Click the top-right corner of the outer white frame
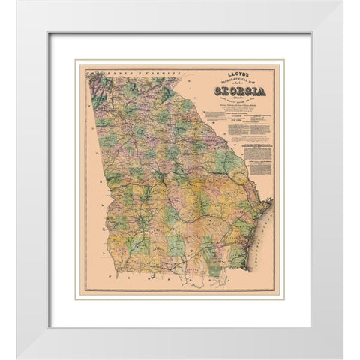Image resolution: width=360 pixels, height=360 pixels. (x=343, y=16)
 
